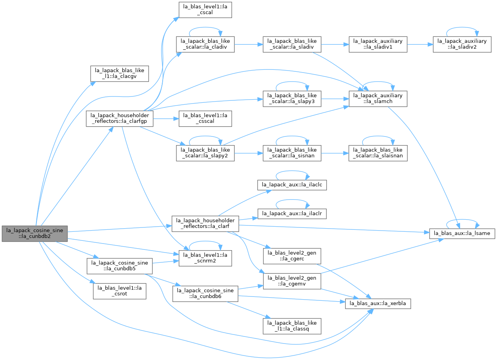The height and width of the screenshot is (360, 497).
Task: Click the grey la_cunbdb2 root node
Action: pyautogui.click(x=34, y=234)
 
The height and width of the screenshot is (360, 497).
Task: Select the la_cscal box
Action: pyautogui.click(x=205, y=10)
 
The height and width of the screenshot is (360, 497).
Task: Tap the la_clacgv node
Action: pyautogui.click(x=120, y=74)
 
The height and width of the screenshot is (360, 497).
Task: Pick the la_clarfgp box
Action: pyautogui.click(x=120, y=119)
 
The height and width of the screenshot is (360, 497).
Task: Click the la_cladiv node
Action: pyautogui.click(x=205, y=44)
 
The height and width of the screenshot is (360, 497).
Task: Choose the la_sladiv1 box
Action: pyautogui.click(x=378, y=44)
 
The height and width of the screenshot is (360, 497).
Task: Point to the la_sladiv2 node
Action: pyautogui.click(x=462, y=44)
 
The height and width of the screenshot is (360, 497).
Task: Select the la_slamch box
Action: pyautogui.click(x=378, y=99)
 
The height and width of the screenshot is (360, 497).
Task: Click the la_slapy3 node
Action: pyautogui.click(x=292, y=99)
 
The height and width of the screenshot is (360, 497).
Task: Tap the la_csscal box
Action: pyautogui.click(x=205, y=119)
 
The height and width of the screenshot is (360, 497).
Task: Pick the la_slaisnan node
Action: pyautogui.click(x=378, y=153)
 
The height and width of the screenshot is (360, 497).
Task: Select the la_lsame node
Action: pyautogui.click(x=462, y=234)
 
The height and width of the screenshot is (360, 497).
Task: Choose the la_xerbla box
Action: pyautogui.click(x=378, y=304)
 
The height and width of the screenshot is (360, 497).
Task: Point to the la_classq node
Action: pyautogui.click(x=292, y=326)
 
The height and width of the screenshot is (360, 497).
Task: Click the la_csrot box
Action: pyautogui.click(x=120, y=291)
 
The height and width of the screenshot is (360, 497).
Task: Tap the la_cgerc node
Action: pyautogui.click(x=292, y=256)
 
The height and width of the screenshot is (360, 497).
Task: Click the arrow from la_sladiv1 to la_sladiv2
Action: pyautogui.click(x=420, y=44)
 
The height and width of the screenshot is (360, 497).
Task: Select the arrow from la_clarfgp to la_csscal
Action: pyautogui.click(x=166, y=119)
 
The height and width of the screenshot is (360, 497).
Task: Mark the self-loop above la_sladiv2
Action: pyautogui.click(x=462, y=27)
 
